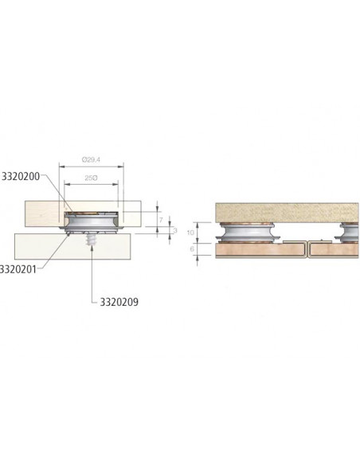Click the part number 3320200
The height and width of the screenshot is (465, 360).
[x=22, y=174]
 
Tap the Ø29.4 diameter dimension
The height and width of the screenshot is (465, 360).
[x=92, y=159]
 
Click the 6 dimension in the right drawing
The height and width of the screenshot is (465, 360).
[x=202, y=248]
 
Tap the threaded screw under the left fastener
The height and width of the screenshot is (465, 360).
[x=93, y=238]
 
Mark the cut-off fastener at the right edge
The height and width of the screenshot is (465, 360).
[x=350, y=232]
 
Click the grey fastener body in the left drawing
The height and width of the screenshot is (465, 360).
[x=92, y=224]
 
